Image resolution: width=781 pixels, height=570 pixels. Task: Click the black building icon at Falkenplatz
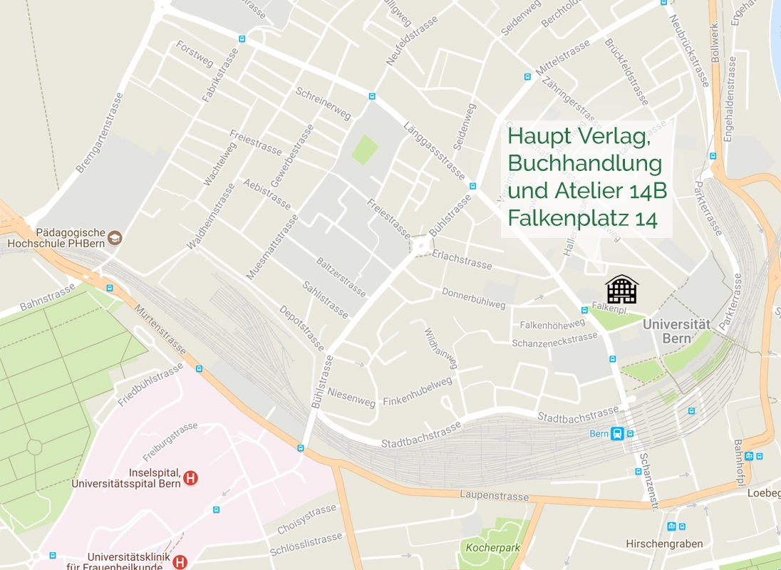coord(621,289)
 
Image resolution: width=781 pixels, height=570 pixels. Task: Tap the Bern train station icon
coord(617,433)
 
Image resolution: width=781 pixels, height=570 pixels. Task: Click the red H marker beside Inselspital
coord(190,478)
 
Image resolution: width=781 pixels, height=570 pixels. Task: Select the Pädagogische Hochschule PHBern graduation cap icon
coord(115,238)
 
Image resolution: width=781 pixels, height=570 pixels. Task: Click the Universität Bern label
coord(676,331)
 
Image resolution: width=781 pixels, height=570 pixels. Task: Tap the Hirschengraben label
coord(664,544)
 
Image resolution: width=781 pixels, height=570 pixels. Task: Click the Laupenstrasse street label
coord(494,496)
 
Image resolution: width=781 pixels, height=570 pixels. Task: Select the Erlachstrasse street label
coord(462,261)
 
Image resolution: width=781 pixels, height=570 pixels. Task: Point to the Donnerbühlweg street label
coord(473,299)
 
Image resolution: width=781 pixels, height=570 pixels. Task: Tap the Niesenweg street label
coord(351,398)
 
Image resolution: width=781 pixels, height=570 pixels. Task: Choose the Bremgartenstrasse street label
coord(99,133)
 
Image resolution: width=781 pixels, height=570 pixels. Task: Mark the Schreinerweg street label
coord(324,104)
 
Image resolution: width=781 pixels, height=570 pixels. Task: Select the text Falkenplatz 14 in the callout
coord(581,219)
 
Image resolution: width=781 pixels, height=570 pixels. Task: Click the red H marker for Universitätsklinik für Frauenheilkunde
coord(180,562)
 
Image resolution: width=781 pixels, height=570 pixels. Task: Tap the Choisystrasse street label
coord(306,519)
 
